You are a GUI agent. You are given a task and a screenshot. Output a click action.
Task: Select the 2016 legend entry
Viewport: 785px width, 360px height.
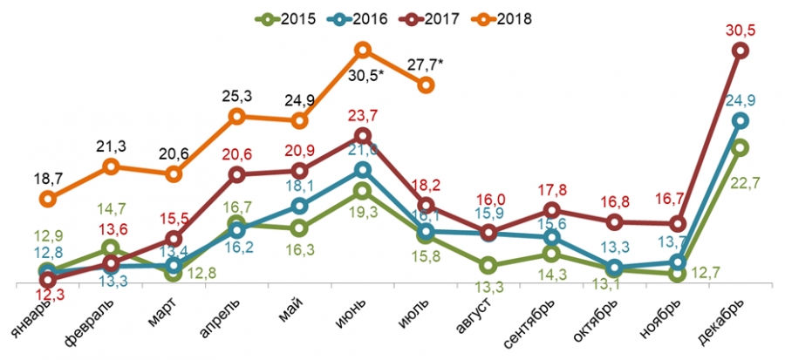[358, 17]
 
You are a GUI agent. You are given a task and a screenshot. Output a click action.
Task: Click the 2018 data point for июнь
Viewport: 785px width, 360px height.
[363, 51]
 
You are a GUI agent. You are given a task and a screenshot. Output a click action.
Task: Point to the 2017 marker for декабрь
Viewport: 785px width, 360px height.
[740, 51]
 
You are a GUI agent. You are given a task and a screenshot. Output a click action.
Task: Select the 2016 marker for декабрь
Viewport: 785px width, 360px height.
[740, 120]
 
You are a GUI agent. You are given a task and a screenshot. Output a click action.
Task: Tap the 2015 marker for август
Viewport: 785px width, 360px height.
[488, 265]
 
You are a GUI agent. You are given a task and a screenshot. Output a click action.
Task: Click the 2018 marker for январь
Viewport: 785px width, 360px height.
[48, 199]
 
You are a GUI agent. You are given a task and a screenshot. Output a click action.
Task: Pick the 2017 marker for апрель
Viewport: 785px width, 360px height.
[236, 174]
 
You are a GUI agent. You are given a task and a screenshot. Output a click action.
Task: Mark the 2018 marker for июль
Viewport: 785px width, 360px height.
[426, 85]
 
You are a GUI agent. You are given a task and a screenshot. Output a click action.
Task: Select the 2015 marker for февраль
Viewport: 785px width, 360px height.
[111, 249]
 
